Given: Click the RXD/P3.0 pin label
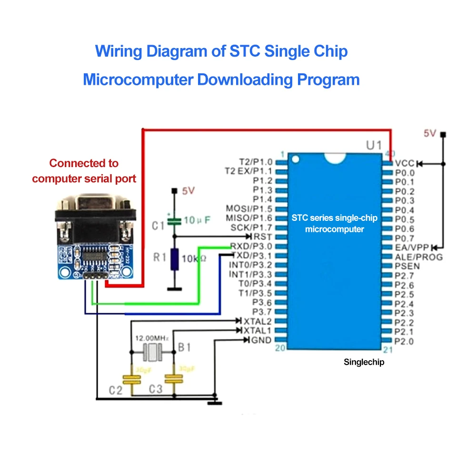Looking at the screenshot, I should [x=251, y=246].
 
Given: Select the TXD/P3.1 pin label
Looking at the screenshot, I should [x=251, y=256].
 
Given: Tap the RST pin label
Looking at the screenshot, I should [x=263, y=237].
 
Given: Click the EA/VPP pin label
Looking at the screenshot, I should [x=412, y=248].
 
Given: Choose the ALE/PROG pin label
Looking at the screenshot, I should [x=418, y=257].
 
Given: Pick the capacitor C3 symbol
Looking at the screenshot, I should [x=174, y=379].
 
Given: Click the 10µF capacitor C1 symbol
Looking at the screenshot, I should [x=175, y=220].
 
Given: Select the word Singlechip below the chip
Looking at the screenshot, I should [x=364, y=362].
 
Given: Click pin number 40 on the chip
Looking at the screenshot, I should [x=390, y=154].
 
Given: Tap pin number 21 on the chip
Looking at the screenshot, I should [x=387, y=350].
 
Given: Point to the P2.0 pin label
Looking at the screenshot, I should [x=404, y=341].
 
